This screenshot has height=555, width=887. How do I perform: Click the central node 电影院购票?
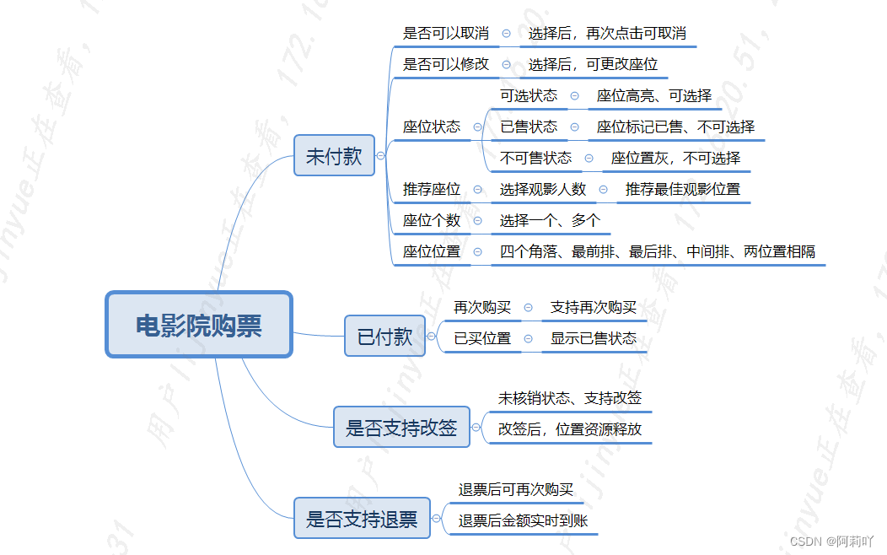(199, 325)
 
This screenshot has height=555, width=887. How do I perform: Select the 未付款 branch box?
(334, 155)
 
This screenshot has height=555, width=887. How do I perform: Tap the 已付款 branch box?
(384, 336)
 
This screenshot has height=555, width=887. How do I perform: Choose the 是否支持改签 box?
(401, 427)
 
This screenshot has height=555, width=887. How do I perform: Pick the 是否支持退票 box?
(361, 518)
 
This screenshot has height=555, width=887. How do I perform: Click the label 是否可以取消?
(445, 34)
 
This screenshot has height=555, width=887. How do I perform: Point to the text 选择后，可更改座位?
(593, 64)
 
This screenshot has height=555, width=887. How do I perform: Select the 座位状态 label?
(432, 127)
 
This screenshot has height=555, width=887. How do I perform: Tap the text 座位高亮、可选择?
(653, 96)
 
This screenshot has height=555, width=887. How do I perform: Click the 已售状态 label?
(529, 127)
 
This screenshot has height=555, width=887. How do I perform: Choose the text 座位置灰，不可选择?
(675, 159)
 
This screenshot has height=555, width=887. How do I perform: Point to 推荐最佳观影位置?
(682, 190)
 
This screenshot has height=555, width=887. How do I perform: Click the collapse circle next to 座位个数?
(478, 221)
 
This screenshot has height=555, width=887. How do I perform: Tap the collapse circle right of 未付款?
(381, 155)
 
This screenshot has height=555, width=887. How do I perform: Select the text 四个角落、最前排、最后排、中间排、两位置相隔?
(657, 252)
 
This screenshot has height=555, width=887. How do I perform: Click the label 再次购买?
(482, 308)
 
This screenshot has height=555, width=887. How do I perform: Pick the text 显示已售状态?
(593, 339)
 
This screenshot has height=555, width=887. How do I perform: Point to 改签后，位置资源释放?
(569, 429)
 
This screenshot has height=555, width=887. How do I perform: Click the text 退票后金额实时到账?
(523, 521)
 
